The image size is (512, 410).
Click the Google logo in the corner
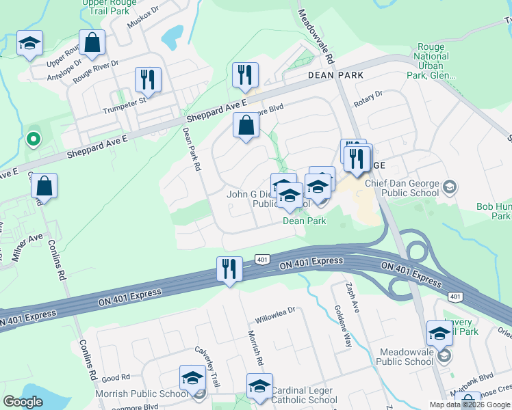(23, 402)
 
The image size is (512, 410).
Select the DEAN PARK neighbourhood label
(335, 74)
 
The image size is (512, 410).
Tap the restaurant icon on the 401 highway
(229, 268)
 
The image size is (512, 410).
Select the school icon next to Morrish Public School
(193, 379)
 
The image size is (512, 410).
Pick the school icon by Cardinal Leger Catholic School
(259, 386)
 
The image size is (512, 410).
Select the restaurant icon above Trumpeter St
(148, 79)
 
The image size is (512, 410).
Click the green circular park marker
(32, 140)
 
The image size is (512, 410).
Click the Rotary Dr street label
(368, 99)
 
